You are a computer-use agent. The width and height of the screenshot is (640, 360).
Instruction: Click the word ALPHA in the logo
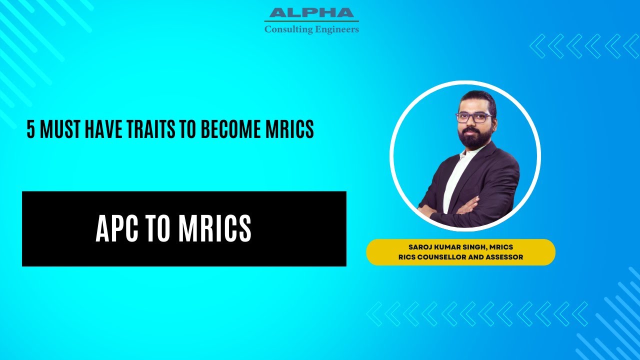click(x=311, y=13)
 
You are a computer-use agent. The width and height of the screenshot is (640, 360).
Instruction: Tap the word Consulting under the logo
click(x=284, y=29)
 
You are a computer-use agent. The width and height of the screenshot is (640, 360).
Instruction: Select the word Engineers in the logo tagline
click(x=337, y=29)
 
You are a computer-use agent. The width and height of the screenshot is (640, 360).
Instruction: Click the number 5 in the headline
click(x=31, y=129)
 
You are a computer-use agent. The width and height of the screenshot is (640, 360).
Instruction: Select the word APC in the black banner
click(x=116, y=229)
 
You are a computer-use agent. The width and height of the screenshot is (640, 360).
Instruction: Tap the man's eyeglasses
click(x=473, y=118)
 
